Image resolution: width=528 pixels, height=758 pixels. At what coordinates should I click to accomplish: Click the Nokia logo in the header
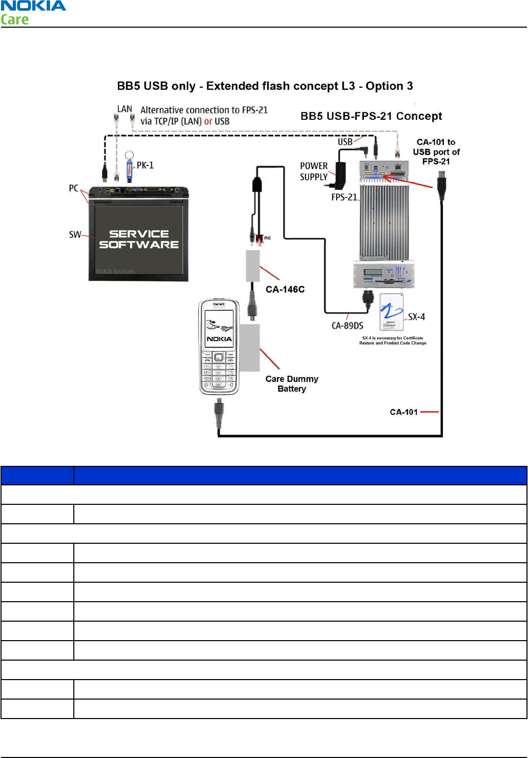(x=33, y=6)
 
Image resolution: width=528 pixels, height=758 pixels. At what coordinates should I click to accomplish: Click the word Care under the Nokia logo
(x=15, y=20)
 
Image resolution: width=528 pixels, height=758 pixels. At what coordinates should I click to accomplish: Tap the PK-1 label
(x=145, y=165)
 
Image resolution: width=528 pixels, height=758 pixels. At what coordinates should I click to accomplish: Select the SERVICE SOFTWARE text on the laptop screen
(x=139, y=239)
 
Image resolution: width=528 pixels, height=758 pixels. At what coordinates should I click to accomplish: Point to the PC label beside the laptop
(x=74, y=188)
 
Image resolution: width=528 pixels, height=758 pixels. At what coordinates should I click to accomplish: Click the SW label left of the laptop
(x=75, y=235)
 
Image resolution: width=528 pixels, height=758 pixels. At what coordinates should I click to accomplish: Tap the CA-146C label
(x=285, y=290)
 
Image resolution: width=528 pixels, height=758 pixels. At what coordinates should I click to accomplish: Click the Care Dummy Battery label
(x=292, y=384)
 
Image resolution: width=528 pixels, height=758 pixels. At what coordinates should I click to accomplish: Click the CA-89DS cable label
(x=347, y=326)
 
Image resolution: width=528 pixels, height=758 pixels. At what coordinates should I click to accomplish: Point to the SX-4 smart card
(x=392, y=312)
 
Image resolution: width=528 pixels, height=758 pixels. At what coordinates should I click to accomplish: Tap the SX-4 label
(x=416, y=317)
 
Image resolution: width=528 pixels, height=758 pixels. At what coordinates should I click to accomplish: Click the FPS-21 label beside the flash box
(x=344, y=197)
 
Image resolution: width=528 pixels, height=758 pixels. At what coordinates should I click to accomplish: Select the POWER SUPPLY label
(x=314, y=171)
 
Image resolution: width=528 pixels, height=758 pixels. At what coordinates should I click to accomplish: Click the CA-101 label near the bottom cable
(x=404, y=412)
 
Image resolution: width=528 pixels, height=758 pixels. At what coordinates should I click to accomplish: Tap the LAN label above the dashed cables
(x=125, y=109)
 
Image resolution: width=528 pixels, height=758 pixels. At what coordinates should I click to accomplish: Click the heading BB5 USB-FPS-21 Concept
(x=371, y=116)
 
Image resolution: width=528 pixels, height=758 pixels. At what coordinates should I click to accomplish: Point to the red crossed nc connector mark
(x=260, y=238)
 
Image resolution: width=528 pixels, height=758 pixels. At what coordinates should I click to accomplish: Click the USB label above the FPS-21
(x=345, y=141)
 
